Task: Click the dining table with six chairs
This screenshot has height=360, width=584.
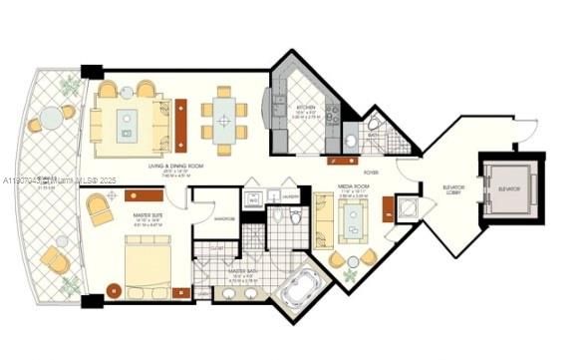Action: coord(224,122)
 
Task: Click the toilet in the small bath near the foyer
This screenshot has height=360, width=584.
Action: coord(374,126)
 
